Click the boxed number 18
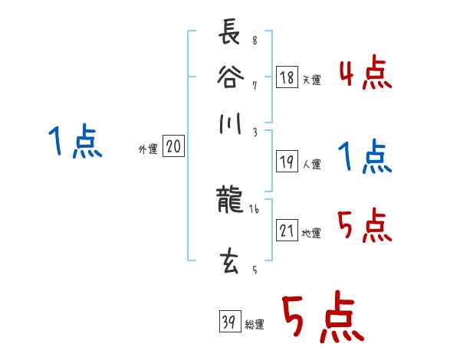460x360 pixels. click(x=287, y=77)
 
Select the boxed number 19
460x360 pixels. click(x=287, y=162)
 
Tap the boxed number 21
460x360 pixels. click(x=287, y=231)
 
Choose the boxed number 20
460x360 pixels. click(x=172, y=147)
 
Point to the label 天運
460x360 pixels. click(x=312, y=80)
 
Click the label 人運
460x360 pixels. click(x=312, y=164)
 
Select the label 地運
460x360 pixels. click(x=312, y=233)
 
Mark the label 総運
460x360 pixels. click(x=254, y=324)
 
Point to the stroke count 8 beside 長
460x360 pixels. click(x=255, y=41)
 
